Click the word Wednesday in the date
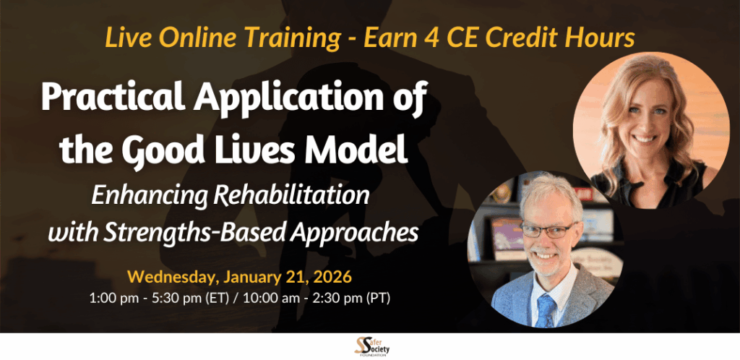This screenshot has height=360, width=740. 171,276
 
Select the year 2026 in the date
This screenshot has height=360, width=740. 333,276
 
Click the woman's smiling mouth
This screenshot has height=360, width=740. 646,139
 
